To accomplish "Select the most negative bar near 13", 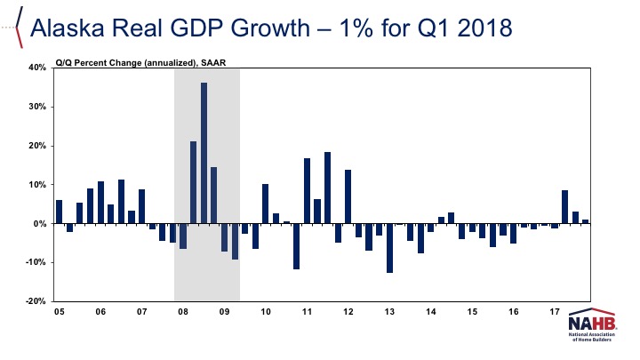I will (389, 248).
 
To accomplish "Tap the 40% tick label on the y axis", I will (36, 68).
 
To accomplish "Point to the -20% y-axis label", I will (35, 302).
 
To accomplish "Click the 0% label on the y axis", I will (40, 224).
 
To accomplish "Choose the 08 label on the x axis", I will (183, 313).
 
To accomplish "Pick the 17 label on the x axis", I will (554, 313).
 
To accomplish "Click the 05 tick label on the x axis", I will (59, 313).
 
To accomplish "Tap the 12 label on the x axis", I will (348, 313).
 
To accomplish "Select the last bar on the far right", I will (585, 221).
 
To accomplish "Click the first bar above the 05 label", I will (60, 212).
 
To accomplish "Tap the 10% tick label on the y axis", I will (36, 185).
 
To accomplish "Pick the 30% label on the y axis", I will (36, 107).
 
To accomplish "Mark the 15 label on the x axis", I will (472, 313).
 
